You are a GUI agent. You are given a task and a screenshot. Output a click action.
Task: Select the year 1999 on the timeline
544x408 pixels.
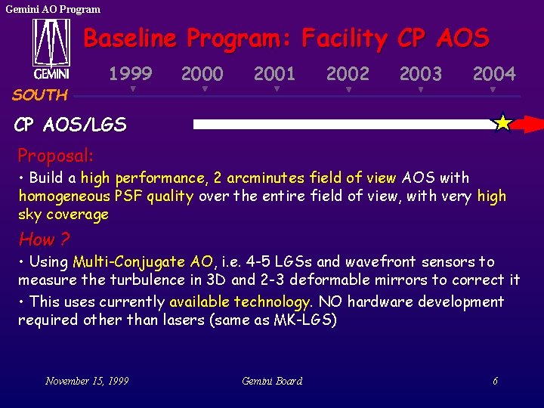coord(131,73)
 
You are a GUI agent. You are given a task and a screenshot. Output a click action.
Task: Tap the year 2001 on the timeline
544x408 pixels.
coord(274,73)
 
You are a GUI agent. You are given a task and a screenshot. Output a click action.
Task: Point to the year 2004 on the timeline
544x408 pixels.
coord(494,73)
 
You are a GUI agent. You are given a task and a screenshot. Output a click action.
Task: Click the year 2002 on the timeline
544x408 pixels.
coord(348,73)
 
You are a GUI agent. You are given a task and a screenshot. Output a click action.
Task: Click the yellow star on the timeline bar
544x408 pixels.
coord(502,123)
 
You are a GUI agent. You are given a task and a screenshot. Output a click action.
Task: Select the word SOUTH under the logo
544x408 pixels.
coord(40,95)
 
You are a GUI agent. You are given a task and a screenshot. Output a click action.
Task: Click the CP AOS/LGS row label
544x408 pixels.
coord(70,125)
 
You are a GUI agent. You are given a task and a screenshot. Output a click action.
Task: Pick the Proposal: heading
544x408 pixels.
coord(56,156)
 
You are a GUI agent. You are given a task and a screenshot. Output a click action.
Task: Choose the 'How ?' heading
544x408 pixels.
coord(44,240)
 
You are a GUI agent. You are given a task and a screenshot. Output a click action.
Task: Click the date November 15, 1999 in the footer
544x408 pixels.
coord(87,381)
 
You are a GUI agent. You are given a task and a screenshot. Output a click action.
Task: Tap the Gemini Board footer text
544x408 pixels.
coord(272,381)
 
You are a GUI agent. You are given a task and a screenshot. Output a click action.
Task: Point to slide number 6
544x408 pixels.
coord(495,381)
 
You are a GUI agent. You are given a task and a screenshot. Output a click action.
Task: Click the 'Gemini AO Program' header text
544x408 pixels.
coord(53,9)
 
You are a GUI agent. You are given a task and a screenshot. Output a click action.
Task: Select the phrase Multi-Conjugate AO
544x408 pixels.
coord(143,262)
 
